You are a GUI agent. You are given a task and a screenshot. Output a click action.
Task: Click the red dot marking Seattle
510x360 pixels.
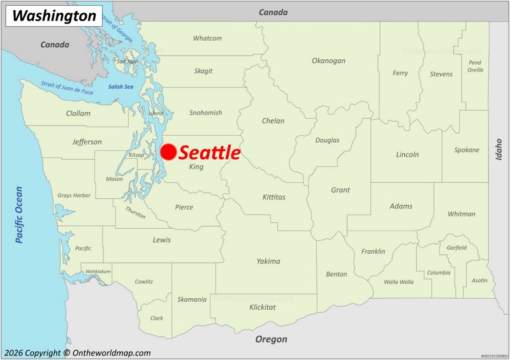click(x=168, y=152)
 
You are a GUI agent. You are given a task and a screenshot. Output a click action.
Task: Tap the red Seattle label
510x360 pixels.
click(x=210, y=153)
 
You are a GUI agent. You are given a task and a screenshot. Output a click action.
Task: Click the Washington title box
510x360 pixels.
click(x=54, y=16)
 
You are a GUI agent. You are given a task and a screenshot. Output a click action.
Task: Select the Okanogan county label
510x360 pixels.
click(x=328, y=61)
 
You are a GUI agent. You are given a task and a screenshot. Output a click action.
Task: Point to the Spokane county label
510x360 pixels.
click(x=467, y=150)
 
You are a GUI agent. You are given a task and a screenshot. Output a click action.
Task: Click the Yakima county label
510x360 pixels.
click(x=268, y=261)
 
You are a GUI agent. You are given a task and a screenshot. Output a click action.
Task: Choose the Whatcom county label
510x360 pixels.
click(x=207, y=38)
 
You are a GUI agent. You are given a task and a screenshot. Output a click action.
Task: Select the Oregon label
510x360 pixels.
click(x=272, y=340)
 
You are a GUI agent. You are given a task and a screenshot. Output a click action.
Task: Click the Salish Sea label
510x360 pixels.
click(x=120, y=87)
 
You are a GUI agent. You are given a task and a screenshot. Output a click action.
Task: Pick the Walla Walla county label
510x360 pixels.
click(x=398, y=282)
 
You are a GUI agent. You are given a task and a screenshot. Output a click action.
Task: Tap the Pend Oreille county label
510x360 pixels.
click(x=475, y=66)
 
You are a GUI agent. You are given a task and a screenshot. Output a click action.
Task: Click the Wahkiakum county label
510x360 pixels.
click(x=98, y=271)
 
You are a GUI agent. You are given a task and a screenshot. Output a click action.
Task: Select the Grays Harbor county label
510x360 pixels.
click(x=74, y=196)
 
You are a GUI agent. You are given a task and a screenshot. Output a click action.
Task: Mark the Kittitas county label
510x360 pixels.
click(x=274, y=198)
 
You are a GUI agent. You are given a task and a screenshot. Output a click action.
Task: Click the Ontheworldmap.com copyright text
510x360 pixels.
click(x=77, y=353)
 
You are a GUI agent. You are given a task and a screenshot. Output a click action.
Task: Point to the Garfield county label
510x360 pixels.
click(x=456, y=248)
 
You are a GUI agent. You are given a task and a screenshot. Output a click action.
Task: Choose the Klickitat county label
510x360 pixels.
click(x=263, y=307)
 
